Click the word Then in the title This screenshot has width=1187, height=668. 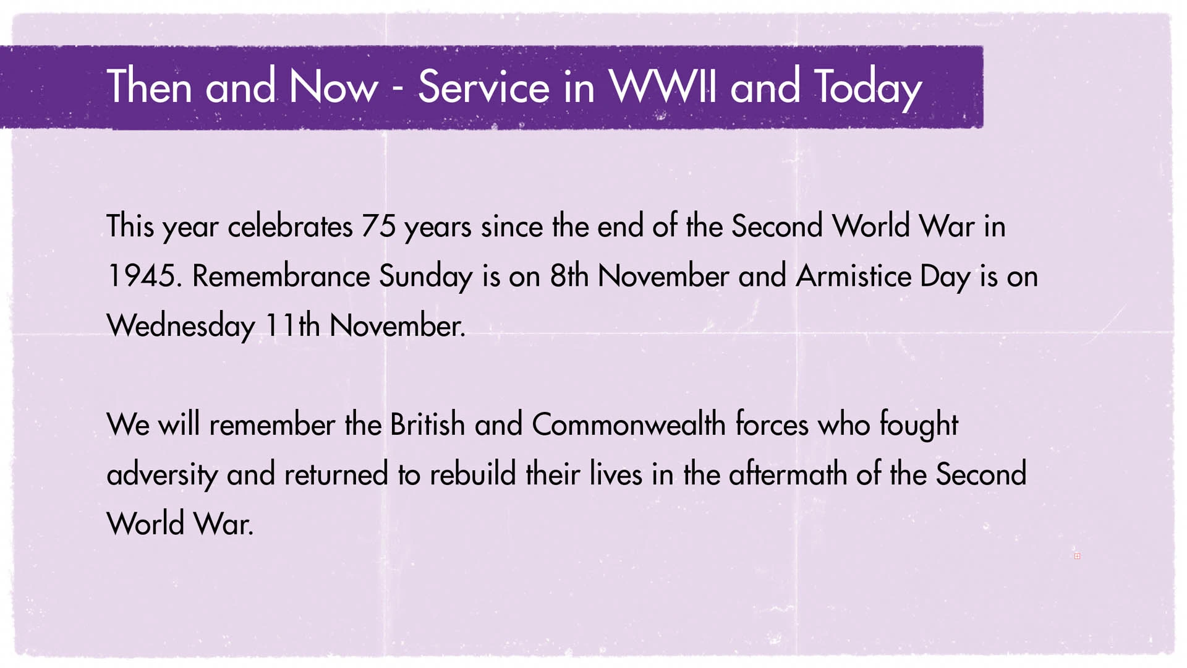coord(149,86)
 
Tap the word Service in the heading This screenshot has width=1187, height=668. coord(483,86)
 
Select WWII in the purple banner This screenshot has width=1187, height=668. coord(663,86)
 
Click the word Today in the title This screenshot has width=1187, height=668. coord(868,88)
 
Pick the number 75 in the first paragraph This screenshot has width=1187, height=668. coord(378,226)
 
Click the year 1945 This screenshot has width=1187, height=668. coord(144,276)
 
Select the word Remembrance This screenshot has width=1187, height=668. coord(281,276)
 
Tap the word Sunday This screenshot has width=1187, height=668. coord(426,278)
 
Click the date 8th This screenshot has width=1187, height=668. coord(569,276)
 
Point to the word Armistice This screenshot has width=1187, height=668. coord(854,276)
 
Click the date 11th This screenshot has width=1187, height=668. coord(292,325)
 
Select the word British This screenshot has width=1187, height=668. coord(427,424)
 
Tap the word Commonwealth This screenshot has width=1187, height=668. coord(628,424)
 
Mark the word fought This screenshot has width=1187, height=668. coord(919,426)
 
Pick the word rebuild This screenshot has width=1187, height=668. coord(472,474)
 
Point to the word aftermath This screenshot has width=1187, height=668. coord(788,474)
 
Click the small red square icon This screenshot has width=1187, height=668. coord(1077,556)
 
